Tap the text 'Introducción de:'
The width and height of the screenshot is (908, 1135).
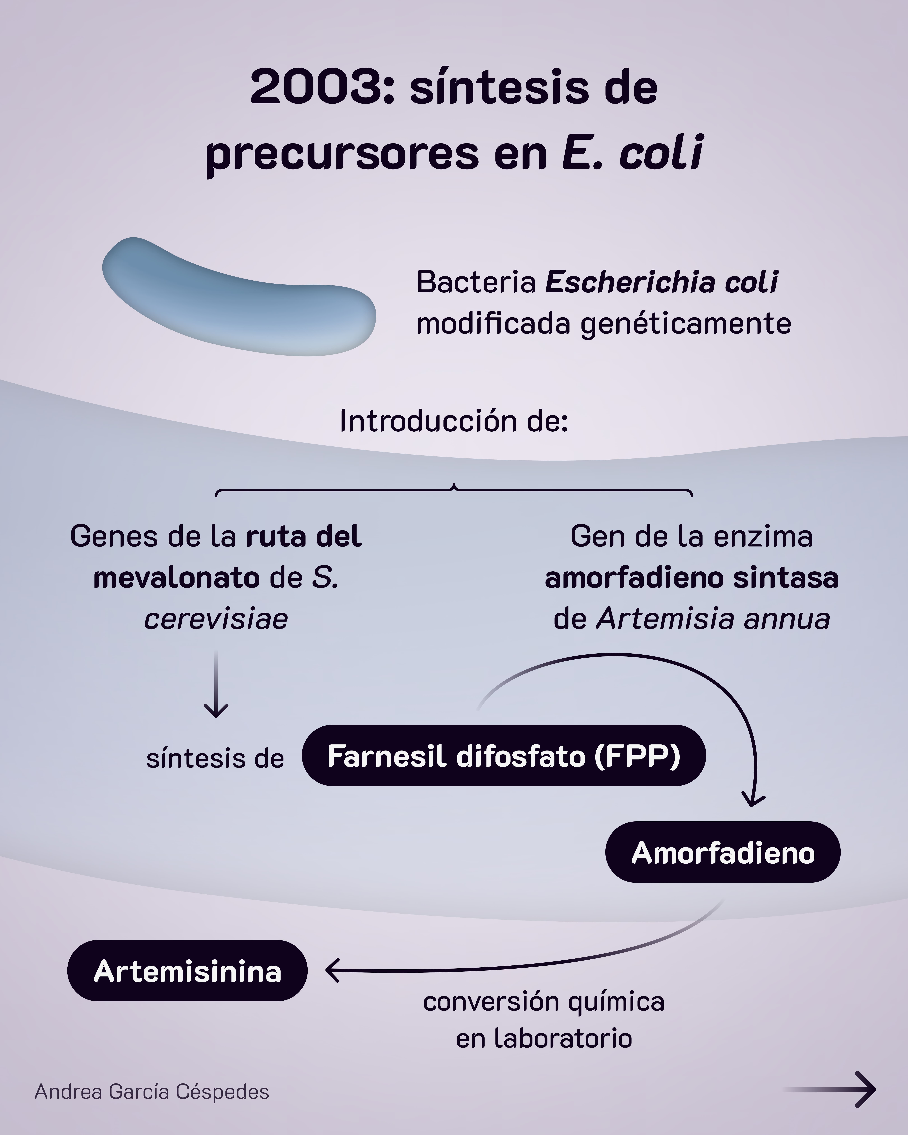pyautogui.click(x=454, y=421)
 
